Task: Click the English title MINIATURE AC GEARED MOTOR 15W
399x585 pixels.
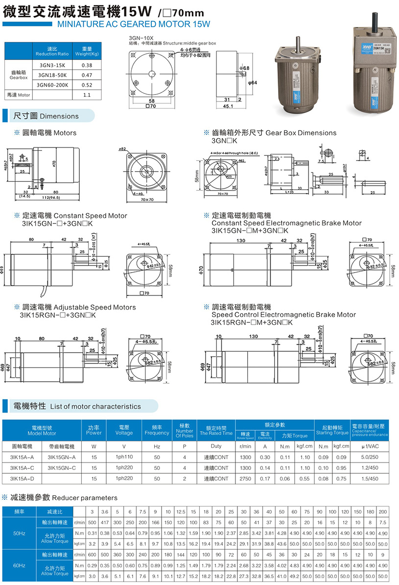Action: pyautogui.click(x=134, y=23)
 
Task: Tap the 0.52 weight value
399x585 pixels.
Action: pyautogui.click(x=87, y=84)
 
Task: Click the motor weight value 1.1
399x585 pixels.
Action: pyautogui.click(x=87, y=95)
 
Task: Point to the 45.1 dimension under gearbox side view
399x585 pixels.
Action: pyautogui.click(x=228, y=105)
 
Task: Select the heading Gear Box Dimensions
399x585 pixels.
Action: pyautogui.click(x=301, y=133)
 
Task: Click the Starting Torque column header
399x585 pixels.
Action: pyautogui.click(x=331, y=433)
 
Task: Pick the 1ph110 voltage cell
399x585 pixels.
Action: pyautogui.click(x=124, y=457)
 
